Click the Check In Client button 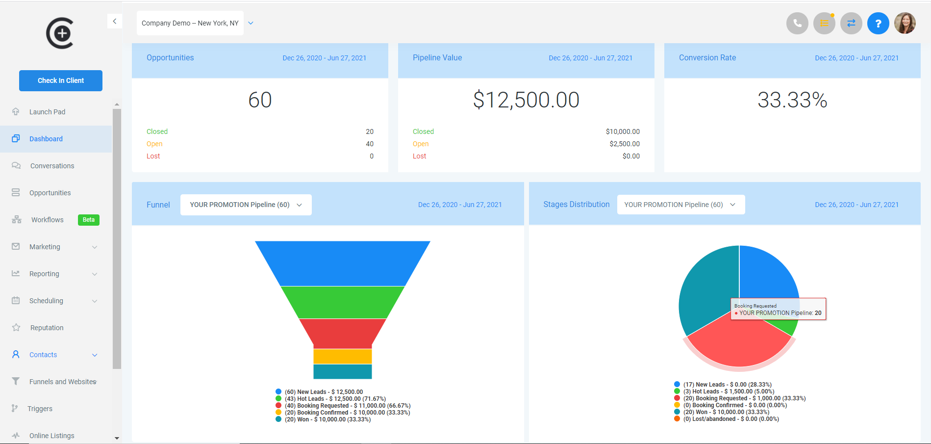coord(61,80)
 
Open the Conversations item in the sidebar coord(52,166)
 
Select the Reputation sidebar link coord(47,328)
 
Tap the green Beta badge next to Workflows coord(89,220)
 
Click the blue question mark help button coord(878,23)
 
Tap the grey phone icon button coord(797,23)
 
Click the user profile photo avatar coord(905,23)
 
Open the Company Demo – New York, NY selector coord(190,23)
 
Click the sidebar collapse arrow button coord(114,21)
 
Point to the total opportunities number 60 coord(260,100)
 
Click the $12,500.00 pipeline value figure coord(526,100)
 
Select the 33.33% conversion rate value coord(792,100)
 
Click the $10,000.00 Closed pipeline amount coord(623,131)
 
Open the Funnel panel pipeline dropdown coord(246,205)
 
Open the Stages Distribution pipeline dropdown coord(680,205)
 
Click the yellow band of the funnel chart coord(342,356)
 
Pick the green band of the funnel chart coord(342,302)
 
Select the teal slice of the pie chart coord(706,289)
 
